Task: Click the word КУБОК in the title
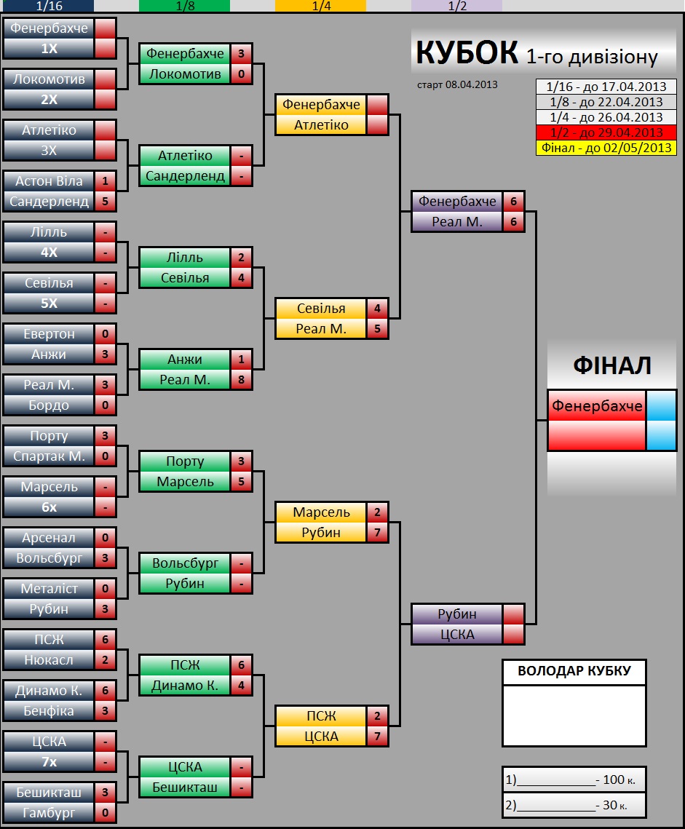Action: point(467,52)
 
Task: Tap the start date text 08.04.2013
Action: point(471,84)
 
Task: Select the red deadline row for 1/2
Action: point(606,132)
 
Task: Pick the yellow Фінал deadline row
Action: point(606,148)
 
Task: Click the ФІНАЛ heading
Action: point(612,365)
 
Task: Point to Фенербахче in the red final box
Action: point(597,406)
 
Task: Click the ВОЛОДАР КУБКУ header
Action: point(574,671)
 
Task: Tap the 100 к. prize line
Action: point(574,780)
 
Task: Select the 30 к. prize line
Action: point(574,805)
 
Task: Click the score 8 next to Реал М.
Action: point(241,380)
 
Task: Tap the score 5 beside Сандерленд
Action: point(106,202)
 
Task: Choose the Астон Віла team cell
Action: point(50,181)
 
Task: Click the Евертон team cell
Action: point(50,333)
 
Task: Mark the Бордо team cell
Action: point(50,405)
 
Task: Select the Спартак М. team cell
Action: point(50,456)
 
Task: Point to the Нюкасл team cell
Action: point(50,660)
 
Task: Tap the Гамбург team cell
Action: point(50,812)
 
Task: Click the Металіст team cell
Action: point(50,588)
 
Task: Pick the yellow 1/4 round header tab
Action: point(320,6)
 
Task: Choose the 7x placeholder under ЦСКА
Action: point(50,762)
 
